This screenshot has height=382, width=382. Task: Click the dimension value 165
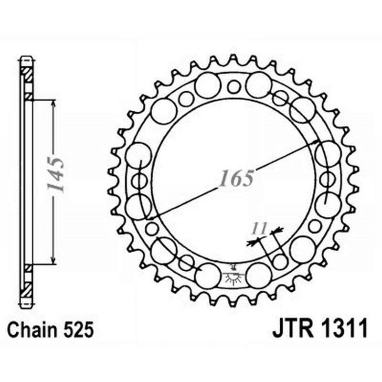(236, 178)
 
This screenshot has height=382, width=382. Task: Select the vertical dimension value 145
(57, 174)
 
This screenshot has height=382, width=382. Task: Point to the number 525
(77, 329)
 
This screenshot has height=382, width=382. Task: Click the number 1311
(347, 329)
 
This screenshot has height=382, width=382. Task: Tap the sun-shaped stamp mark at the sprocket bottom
(233, 278)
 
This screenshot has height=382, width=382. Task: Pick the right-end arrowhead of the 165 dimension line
(315, 143)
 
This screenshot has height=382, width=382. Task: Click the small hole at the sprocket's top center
(233, 86)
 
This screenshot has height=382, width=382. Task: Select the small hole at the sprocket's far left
(139, 181)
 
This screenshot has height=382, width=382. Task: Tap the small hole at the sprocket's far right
(327, 180)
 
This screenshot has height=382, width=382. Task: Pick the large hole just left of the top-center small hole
(208, 85)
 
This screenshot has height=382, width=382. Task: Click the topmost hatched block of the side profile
(27, 74)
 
